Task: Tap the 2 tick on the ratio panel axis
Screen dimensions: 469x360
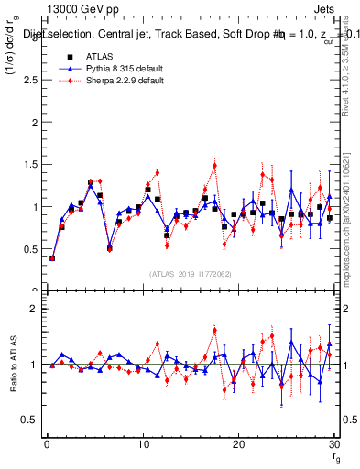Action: [37, 309]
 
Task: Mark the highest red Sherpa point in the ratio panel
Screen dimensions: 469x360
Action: [214, 331]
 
